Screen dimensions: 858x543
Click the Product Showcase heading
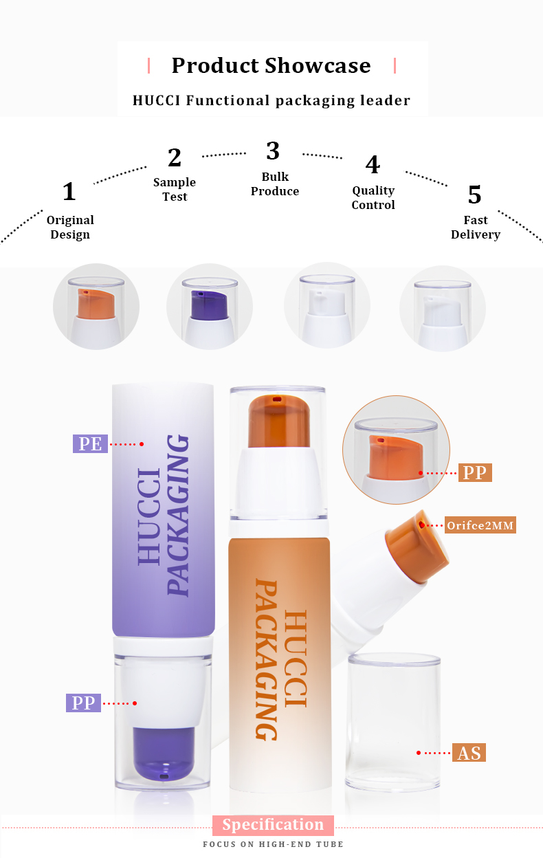point(271,65)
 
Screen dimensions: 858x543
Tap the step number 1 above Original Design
point(69,192)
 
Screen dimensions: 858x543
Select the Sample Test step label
point(175,190)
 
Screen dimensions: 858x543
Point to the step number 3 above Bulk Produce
point(273,151)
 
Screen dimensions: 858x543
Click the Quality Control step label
point(373,198)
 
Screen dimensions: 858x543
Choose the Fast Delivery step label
point(476,228)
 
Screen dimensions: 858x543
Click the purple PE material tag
point(90,443)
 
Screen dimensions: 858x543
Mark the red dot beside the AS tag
point(419,753)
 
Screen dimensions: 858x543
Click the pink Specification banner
point(273,825)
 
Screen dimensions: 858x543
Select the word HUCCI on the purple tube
point(149,516)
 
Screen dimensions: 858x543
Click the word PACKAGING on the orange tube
point(267,659)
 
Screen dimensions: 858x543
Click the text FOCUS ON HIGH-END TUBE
point(273,844)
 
